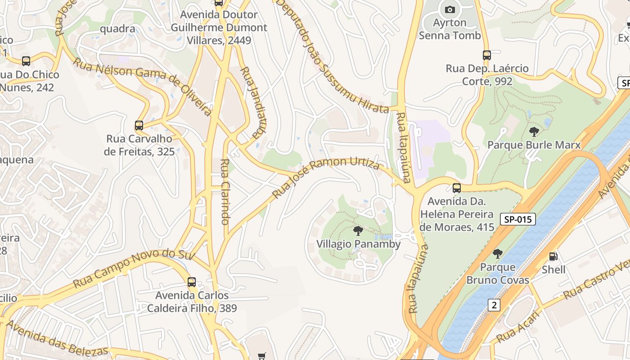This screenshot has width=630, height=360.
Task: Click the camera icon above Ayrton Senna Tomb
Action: pyautogui.click(x=450, y=9)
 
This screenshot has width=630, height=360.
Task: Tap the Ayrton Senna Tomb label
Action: pyautogui.click(x=450, y=29)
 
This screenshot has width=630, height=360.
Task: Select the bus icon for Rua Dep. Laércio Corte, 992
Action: pyautogui.click(x=486, y=55)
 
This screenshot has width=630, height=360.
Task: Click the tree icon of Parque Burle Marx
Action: pyautogui.click(x=534, y=132)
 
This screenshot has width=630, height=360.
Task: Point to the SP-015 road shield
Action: pyautogui.click(x=518, y=220)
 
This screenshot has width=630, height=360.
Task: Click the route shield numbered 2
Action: pyautogui.click(x=494, y=305)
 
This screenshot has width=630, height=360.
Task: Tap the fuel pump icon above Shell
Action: pyautogui.click(x=553, y=256)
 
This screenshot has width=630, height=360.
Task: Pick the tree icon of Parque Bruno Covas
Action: pyautogui.click(x=497, y=254)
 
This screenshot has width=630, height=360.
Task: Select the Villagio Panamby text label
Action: pyautogui.click(x=358, y=244)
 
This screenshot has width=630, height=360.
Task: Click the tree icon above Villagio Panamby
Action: pyautogui.click(x=358, y=231)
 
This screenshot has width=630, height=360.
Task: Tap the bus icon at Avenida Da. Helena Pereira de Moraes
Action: pyautogui.click(x=457, y=188)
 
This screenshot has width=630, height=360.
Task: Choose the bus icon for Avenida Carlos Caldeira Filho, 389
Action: pyautogui.click(x=192, y=282)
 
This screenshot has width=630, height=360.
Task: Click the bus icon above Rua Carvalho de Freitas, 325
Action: pyautogui.click(x=139, y=126)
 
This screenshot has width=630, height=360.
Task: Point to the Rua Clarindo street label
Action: pyautogui.click(x=225, y=192)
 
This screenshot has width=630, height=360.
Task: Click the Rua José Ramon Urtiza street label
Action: pyautogui.click(x=326, y=176)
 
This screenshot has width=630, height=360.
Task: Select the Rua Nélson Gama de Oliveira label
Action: pyautogui.click(x=142, y=86)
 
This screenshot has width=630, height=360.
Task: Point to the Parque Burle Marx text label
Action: pyautogui.click(x=534, y=145)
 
